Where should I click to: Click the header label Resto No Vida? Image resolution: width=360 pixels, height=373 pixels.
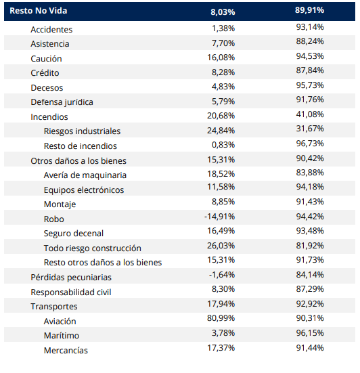(39, 11)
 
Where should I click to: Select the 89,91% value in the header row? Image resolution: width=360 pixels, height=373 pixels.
(309, 10)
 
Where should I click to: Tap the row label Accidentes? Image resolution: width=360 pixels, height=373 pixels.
(51, 30)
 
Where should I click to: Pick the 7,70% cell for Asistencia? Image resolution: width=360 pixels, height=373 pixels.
(223, 43)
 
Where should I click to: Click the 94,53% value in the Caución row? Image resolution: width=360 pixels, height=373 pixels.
(310, 56)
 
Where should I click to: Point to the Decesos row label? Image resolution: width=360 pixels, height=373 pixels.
(47, 88)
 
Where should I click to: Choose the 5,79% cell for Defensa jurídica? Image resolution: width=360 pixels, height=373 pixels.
(223, 102)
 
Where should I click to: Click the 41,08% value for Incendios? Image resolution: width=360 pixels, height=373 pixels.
(310, 114)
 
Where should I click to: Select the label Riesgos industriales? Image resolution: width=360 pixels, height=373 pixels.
(82, 131)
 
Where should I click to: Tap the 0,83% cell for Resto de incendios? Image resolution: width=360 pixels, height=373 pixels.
(223, 145)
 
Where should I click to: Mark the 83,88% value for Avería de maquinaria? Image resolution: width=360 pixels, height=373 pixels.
(310, 173)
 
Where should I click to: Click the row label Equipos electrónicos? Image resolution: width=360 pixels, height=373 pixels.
(84, 190)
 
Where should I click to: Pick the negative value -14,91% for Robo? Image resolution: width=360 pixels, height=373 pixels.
(219, 217)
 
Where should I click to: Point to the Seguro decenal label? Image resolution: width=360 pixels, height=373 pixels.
(74, 234)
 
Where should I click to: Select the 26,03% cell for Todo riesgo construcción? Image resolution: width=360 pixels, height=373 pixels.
(221, 246)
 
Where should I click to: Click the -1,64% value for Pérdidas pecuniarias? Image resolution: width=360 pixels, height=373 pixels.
(221, 275)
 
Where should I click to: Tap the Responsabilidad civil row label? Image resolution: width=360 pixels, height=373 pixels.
(71, 292)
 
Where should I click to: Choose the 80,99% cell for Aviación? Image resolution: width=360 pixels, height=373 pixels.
(221, 318)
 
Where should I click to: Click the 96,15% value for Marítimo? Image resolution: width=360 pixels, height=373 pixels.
(310, 333)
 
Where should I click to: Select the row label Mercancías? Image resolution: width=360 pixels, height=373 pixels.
(66, 351)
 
